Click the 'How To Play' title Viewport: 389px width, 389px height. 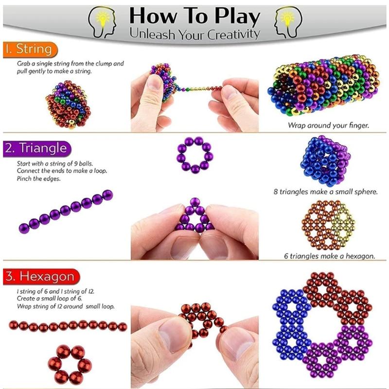194,16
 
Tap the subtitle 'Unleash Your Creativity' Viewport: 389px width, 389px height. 194,34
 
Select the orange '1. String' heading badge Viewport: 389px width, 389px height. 30,49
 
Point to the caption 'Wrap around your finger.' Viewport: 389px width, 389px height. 328,125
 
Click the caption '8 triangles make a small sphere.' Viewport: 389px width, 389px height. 325,192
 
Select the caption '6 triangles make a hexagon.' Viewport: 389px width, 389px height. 329,255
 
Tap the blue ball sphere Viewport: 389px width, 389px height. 322,160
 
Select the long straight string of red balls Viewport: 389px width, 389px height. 68,325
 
